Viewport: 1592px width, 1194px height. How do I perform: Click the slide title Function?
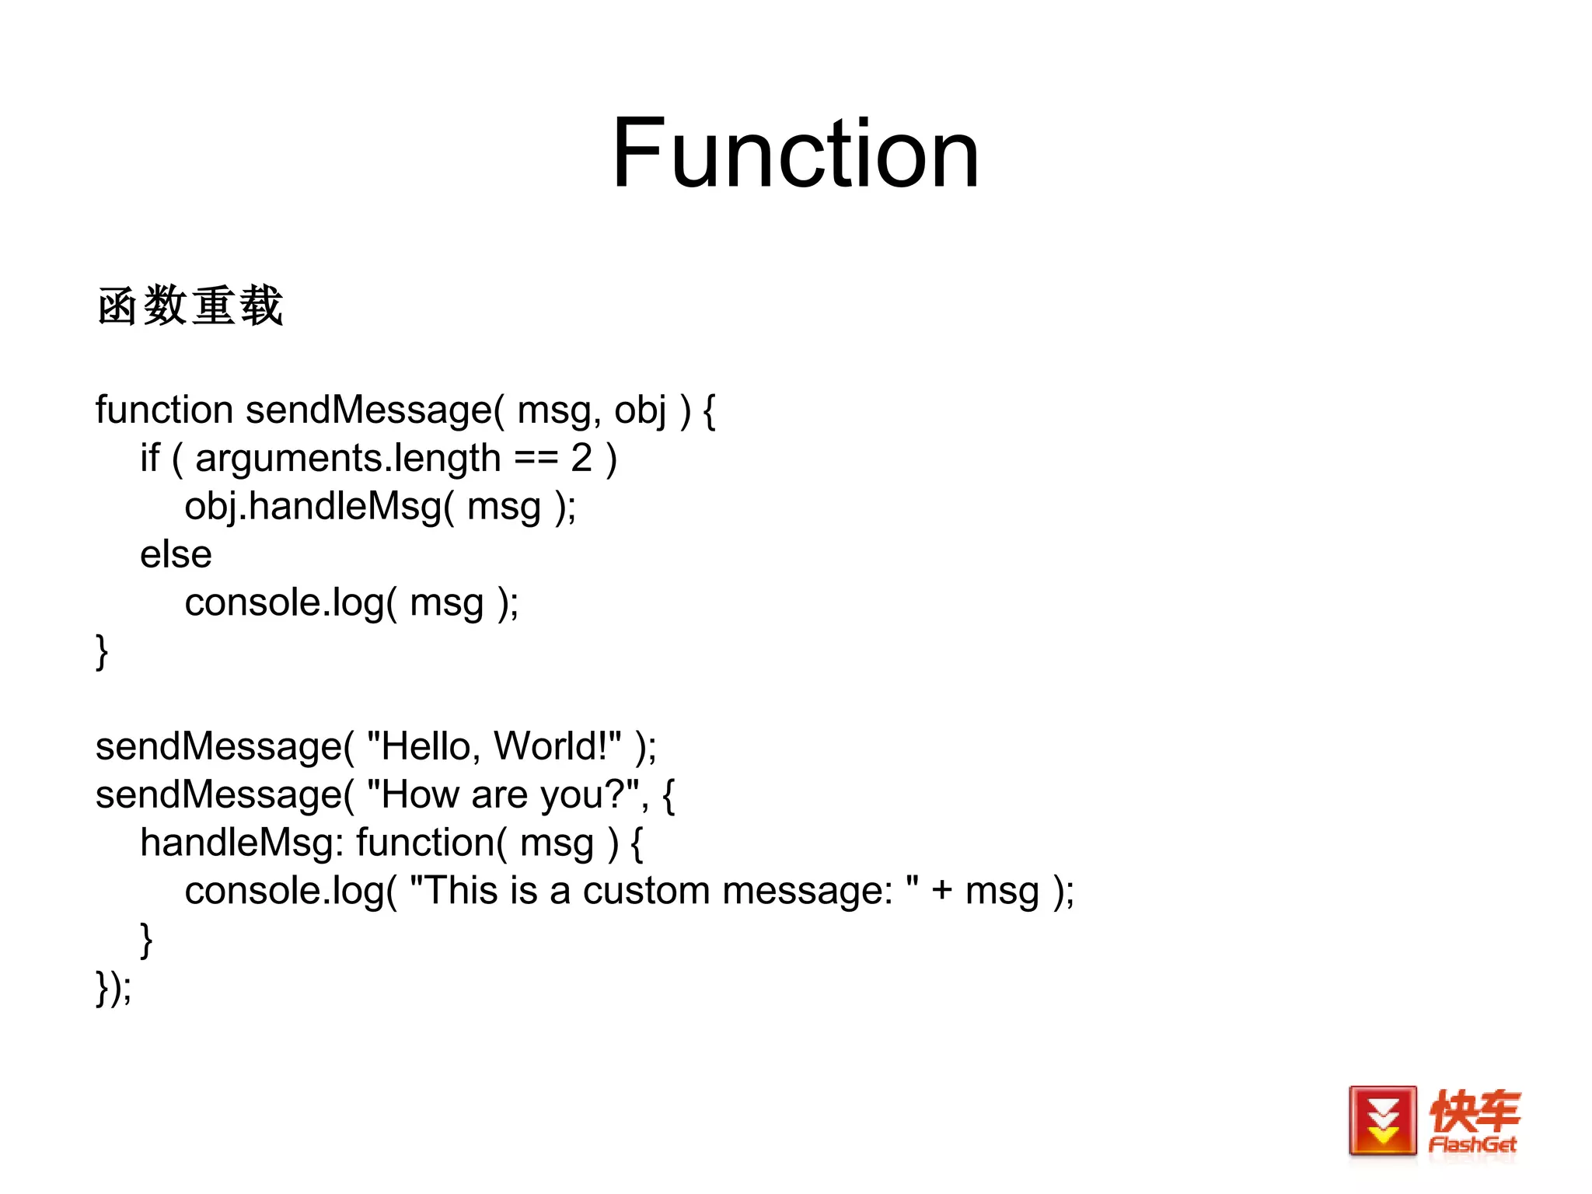coord(794,153)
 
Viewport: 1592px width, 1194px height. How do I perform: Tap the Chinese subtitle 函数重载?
coord(190,305)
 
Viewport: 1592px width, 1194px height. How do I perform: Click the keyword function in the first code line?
coord(164,410)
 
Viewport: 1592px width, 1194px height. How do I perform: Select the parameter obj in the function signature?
coord(640,411)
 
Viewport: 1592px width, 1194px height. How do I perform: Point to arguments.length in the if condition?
coord(347,459)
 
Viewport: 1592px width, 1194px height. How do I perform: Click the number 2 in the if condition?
coord(581,458)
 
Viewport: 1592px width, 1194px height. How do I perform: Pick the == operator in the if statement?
coord(536,459)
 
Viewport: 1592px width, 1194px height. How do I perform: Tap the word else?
coord(176,555)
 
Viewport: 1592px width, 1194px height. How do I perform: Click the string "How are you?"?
coord(503,794)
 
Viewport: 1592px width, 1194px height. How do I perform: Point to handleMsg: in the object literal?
coord(242,843)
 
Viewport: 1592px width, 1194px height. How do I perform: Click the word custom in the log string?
coord(646,891)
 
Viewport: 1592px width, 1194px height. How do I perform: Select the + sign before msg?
coord(941,891)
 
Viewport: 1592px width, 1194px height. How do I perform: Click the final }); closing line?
coord(113,987)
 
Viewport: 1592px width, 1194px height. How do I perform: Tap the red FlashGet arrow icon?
coord(1382,1121)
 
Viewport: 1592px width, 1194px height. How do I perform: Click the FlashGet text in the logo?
coord(1472,1145)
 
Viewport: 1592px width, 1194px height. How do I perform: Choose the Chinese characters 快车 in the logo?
coord(1474,1111)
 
